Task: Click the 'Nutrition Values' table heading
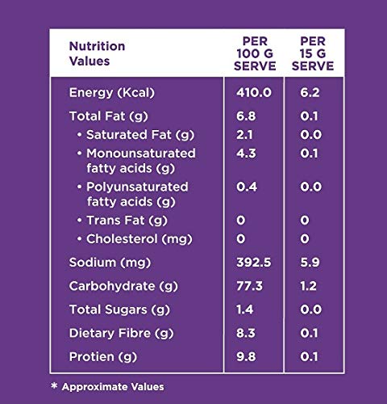pos(97,53)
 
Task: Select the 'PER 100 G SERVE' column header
pos(255,53)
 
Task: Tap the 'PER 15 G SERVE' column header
pos(313,53)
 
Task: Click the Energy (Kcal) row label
pos(112,93)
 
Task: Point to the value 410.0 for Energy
pos(254,93)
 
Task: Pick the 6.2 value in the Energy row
pos(310,93)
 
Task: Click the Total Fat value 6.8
pos(246,116)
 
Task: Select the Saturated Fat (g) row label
pos(140,135)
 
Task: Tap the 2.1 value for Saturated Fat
pos(244,135)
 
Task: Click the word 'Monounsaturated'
pos(141,154)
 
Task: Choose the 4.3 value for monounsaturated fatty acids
pos(246,154)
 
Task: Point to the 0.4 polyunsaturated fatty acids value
pos(247,187)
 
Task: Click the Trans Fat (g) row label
pos(127,221)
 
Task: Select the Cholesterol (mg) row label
pos(139,239)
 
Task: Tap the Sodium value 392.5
pos(254,263)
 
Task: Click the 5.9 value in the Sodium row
pos(310,263)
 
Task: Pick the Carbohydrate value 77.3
pos(249,286)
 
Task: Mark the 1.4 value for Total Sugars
pos(244,309)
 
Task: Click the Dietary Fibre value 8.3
pos(246,333)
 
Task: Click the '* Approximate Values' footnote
pos(107,387)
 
